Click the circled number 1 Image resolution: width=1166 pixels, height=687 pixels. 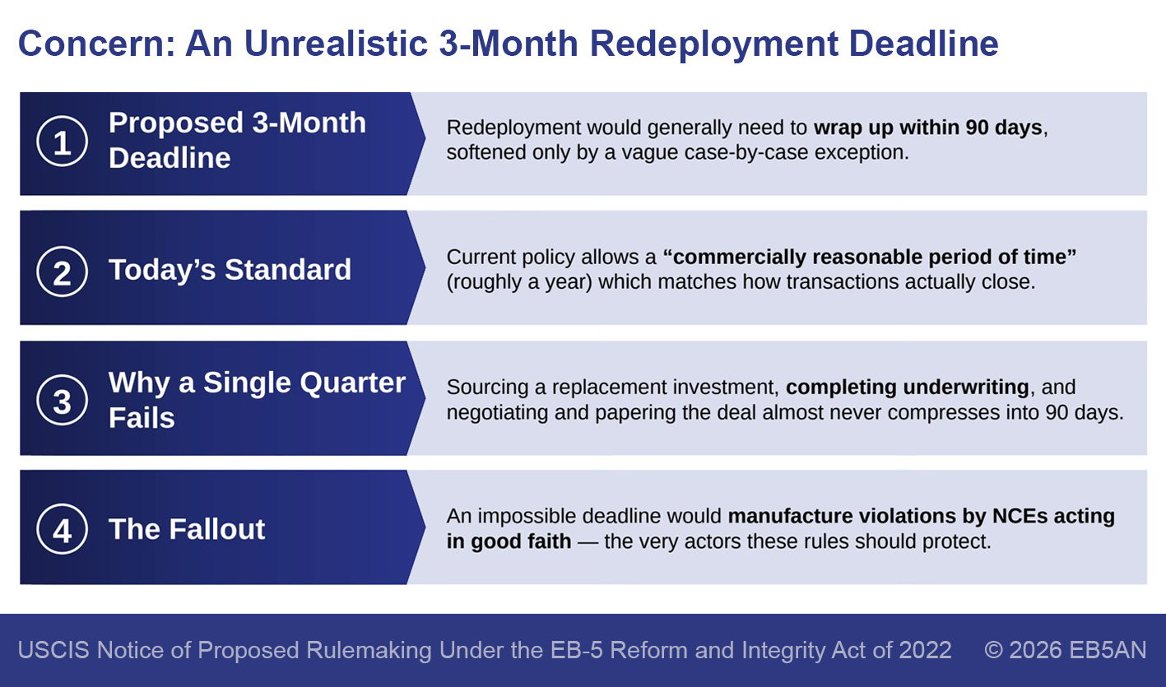click(x=62, y=141)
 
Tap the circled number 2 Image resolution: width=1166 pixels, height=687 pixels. click(x=62, y=272)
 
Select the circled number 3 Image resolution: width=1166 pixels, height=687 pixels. click(x=62, y=400)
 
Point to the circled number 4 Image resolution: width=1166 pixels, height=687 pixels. click(x=62, y=529)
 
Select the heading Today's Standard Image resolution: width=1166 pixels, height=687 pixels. click(x=230, y=270)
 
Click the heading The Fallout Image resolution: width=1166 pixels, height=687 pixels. click(x=187, y=529)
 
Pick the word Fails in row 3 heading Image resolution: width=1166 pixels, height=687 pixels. click(x=142, y=418)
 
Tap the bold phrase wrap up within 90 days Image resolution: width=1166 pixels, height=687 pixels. click(x=928, y=128)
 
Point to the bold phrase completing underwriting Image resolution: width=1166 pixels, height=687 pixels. click(x=908, y=388)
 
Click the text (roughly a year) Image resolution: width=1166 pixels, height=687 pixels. click(x=519, y=282)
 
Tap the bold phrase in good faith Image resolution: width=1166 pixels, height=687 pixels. click(x=509, y=542)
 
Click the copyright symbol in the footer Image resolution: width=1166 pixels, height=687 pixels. click(x=994, y=650)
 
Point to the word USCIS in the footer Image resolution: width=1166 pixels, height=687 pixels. click(x=53, y=650)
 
